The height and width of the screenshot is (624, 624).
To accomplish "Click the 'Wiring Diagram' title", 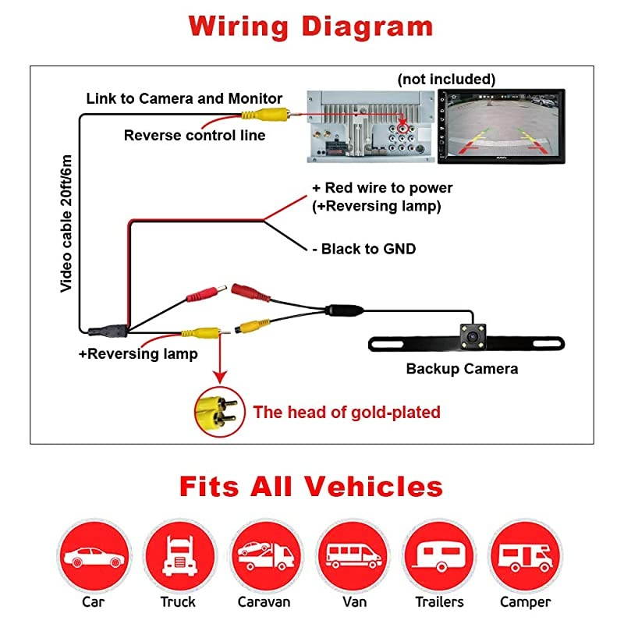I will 310,26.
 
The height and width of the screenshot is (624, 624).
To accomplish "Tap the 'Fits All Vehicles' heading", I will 310,486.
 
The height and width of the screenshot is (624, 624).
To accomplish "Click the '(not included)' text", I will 446,80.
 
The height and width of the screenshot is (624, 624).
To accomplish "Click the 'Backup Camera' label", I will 462,369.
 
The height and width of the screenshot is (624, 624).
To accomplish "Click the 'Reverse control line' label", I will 194,136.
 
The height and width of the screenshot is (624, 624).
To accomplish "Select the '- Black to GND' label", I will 363,249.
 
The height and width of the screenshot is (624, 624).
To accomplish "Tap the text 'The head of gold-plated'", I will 346,412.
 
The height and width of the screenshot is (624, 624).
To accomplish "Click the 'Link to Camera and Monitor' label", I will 184,98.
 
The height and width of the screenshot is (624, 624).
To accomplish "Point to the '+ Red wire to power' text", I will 382,188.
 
